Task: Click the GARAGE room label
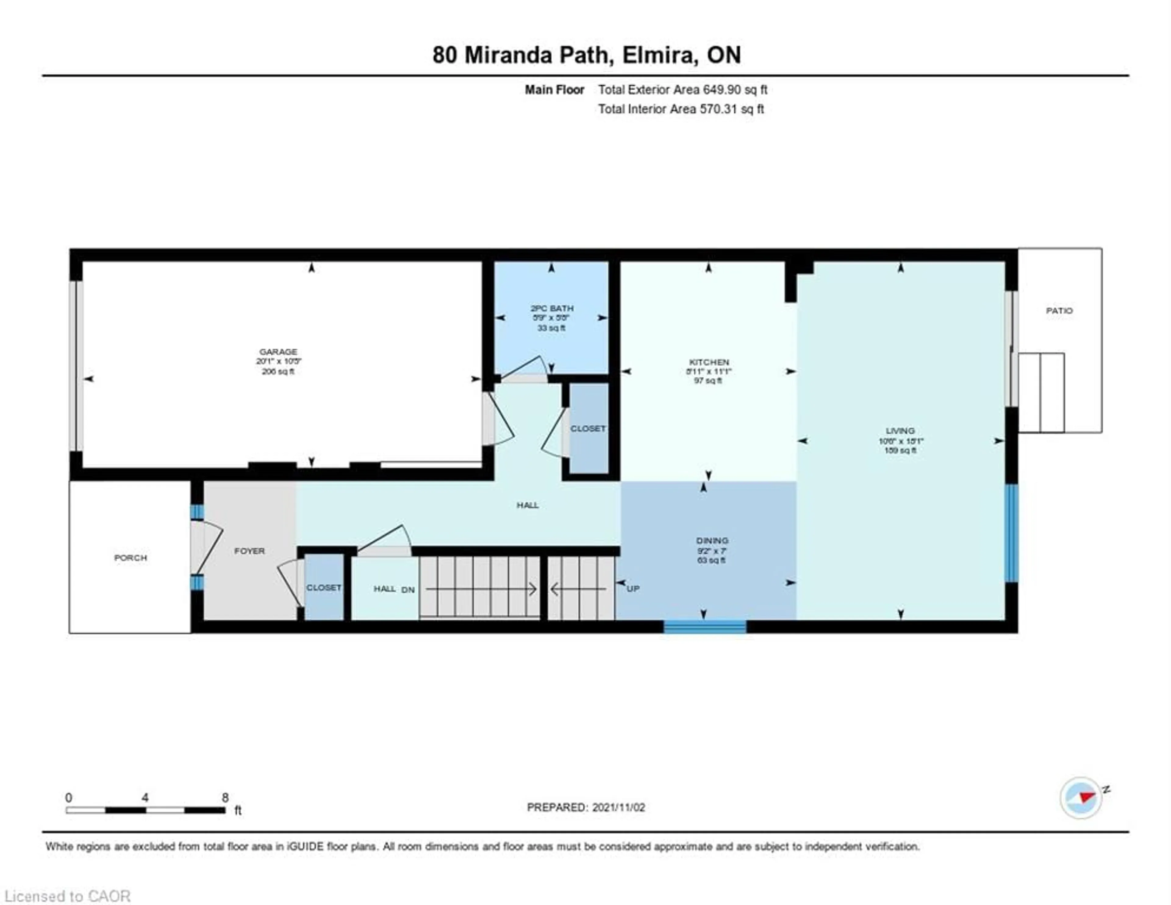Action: click(278, 352)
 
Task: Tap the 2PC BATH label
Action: click(552, 308)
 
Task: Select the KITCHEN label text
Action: click(708, 362)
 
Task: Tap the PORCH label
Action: click(130, 558)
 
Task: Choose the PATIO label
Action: click(1059, 311)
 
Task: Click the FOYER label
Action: click(249, 551)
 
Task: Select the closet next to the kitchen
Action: click(588, 429)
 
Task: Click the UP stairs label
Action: click(633, 588)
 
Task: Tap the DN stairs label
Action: click(408, 590)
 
